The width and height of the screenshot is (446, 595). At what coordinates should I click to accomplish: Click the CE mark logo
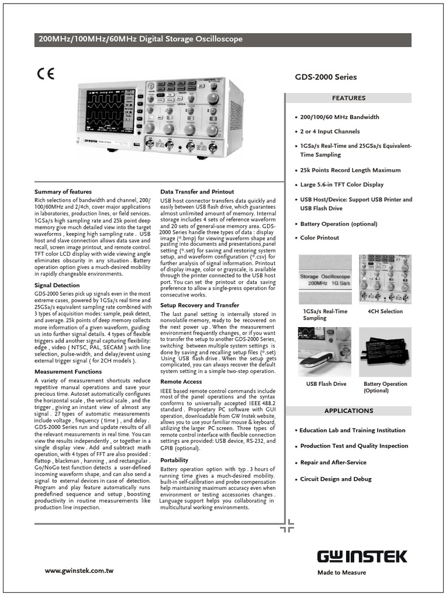[46, 74]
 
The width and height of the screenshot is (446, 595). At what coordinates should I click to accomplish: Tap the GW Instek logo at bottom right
[362, 556]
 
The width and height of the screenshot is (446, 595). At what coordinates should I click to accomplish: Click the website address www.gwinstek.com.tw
[79, 571]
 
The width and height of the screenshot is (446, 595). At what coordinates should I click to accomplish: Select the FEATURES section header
[348, 98]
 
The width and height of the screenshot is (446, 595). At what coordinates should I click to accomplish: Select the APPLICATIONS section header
[348, 411]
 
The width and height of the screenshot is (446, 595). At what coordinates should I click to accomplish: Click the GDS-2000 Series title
[326, 77]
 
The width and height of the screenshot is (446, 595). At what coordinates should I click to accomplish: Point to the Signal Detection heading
[57, 285]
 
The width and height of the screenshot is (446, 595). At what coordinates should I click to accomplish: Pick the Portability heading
[174, 460]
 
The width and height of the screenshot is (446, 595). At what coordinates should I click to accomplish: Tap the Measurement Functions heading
[68, 371]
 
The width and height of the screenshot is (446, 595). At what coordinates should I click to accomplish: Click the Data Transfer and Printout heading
[197, 191]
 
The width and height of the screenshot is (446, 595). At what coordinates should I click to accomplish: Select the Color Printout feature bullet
[319, 238]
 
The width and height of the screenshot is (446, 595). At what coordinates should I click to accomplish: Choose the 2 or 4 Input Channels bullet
[330, 131]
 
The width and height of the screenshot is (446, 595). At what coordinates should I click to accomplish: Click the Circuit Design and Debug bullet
[336, 479]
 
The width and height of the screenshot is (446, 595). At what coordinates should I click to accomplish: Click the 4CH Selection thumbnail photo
[385, 278]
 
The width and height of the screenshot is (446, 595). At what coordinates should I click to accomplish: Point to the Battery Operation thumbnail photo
[385, 353]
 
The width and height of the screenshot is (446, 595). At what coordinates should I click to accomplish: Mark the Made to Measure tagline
[341, 572]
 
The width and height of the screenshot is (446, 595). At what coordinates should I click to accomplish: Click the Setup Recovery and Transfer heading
[199, 305]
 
